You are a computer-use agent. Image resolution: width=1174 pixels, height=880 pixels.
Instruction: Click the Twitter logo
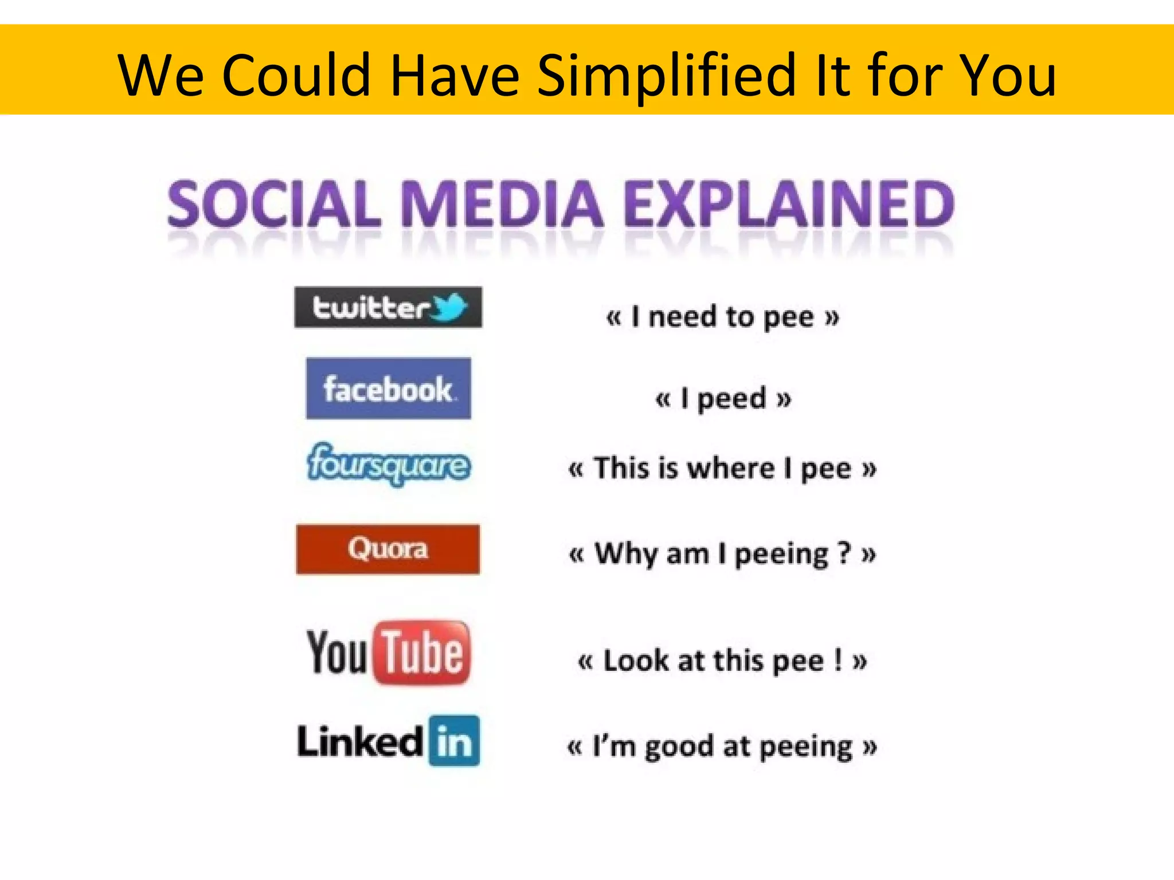[388, 308]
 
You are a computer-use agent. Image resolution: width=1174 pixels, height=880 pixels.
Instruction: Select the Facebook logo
[388, 388]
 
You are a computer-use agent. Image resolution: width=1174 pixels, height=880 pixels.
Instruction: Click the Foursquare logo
[389, 464]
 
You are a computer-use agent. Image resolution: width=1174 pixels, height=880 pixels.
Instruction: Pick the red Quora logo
[388, 549]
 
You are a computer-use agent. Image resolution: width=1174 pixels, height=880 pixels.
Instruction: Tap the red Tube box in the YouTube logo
[422, 653]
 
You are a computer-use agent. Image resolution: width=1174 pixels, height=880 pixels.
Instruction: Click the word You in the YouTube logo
[336, 653]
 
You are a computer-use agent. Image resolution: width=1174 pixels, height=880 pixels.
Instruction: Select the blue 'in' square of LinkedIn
[454, 741]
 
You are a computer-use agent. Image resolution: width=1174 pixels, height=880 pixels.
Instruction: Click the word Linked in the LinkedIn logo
[360, 741]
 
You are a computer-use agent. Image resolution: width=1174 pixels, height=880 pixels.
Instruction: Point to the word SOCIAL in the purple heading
[274, 204]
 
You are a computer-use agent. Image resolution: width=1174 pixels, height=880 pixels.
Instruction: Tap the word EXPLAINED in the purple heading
[789, 204]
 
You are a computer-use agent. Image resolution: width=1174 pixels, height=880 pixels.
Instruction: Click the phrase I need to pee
[722, 317]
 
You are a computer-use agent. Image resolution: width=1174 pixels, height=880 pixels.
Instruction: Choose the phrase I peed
[723, 398]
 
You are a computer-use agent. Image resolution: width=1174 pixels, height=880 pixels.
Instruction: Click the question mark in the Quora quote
[843, 553]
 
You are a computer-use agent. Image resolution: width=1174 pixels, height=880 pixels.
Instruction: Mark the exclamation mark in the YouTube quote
[838, 660]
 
